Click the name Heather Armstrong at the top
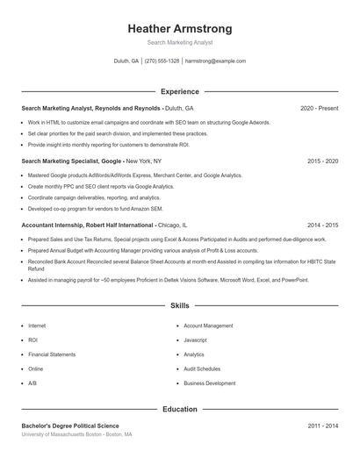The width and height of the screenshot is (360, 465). (180, 29)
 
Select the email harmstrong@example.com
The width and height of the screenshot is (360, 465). (216, 61)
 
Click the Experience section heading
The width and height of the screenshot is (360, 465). (180, 91)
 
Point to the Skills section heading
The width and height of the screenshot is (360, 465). (180, 306)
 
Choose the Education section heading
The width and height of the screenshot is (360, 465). (180, 410)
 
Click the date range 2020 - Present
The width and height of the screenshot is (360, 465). (319, 108)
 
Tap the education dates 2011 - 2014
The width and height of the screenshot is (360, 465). (323, 426)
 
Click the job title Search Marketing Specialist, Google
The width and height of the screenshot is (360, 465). (72, 161)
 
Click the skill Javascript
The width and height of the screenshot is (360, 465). (195, 340)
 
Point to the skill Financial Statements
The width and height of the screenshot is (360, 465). (52, 354)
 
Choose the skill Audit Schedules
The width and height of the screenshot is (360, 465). (202, 368)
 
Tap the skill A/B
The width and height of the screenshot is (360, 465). (32, 383)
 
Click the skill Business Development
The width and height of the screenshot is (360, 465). (209, 383)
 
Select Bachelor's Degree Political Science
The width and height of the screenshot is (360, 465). (69, 426)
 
